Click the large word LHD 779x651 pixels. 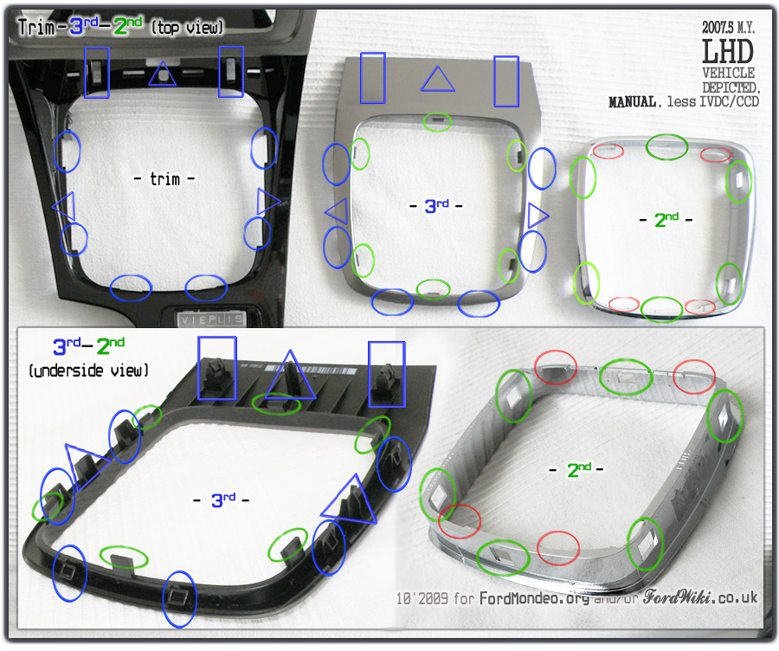click(728, 51)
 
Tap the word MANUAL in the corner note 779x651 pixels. click(633, 102)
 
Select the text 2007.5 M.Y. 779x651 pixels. click(728, 28)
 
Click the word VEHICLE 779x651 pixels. click(728, 73)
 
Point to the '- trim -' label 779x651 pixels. click(164, 178)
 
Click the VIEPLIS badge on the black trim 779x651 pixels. click(212, 319)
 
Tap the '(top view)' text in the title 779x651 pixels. click(187, 28)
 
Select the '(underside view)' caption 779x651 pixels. click(88, 371)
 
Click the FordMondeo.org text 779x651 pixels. click(534, 598)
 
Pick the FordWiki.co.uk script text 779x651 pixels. click(700, 596)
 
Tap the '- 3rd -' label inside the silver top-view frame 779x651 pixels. click(435, 206)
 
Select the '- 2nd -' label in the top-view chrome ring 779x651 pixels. click(666, 220)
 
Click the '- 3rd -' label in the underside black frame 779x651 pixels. click(221, 500)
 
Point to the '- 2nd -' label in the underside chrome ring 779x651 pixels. click(576, 469)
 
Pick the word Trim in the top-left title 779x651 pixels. click(36, 27)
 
